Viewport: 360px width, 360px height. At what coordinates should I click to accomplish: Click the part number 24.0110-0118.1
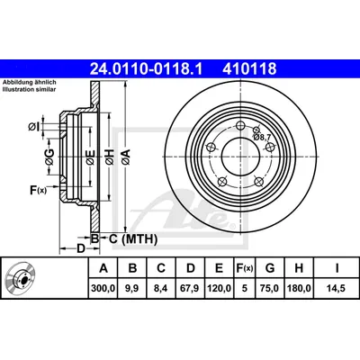click(x=146, y=68)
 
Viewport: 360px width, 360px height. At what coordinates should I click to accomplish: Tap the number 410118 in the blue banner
click(x=249, y=68)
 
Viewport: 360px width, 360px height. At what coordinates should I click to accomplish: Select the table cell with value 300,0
click(x=103, y=288)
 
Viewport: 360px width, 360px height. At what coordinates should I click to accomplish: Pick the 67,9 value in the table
click(x=191, y=288)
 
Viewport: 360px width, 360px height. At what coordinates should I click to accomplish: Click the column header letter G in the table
click(x=270, y=268)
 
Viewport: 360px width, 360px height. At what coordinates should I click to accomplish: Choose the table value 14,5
click(x=337, y=288)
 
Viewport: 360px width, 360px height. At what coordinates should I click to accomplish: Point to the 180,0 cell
click(x=299, y=288)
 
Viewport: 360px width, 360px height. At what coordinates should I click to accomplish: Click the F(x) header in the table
click(x=245, y=268)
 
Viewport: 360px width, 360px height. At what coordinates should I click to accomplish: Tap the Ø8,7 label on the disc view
click(x=262, y=137)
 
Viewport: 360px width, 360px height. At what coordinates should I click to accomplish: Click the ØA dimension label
click(x=126, y=157)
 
